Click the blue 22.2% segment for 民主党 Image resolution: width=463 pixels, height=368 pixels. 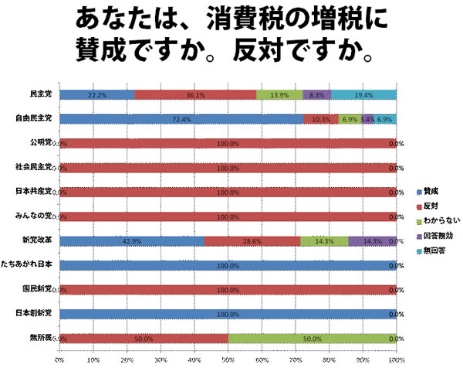click(96, 94)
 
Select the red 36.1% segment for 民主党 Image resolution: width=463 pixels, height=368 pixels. click(195, 94)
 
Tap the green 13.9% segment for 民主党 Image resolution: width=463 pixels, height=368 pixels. click(279, 94)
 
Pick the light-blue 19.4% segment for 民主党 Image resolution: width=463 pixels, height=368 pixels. click(363, 94)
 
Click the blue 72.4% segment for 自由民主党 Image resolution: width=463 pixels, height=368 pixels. click(181, 119)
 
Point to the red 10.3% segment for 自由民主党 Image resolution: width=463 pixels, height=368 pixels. click(320, 119)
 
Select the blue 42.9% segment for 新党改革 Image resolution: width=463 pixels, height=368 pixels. click(131, 240)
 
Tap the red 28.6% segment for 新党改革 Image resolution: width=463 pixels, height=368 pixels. click(252, 240)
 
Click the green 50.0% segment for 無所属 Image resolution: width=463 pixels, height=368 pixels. click(312, 338)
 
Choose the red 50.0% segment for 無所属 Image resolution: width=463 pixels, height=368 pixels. click(144, 338)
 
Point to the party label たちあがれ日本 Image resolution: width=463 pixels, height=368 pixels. click(29, 265)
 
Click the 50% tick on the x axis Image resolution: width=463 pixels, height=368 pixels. click(228, 360)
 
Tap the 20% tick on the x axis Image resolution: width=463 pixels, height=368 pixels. click(127, 360)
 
